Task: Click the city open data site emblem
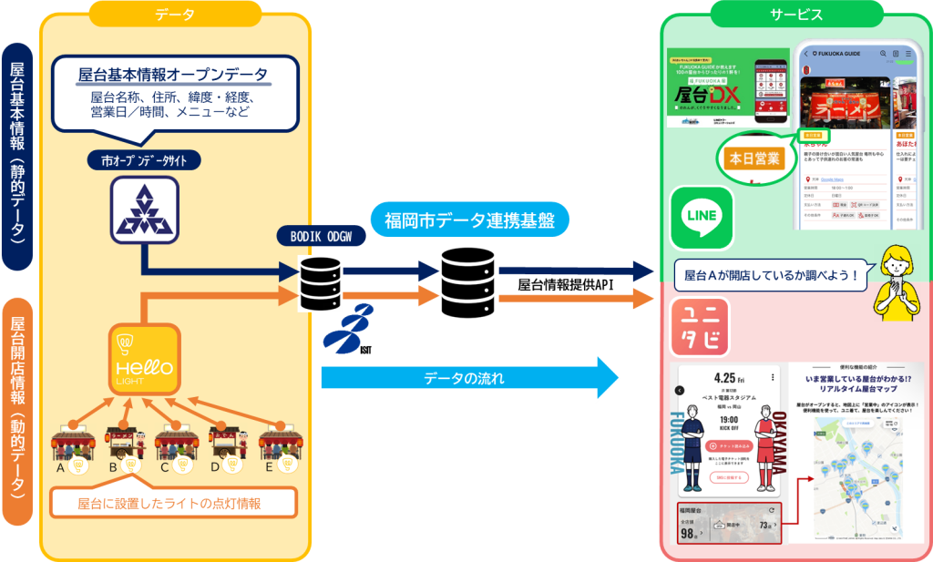(x=144, y=209)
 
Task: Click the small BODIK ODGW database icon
(x=321, y=283)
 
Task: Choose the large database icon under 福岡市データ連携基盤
(x=467, y=280)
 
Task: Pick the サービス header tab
(x=795, y=15)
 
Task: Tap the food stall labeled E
(x=278, y=442)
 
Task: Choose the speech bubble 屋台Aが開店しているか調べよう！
(x=771, y=273)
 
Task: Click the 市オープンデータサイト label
(x=145, y=160)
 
